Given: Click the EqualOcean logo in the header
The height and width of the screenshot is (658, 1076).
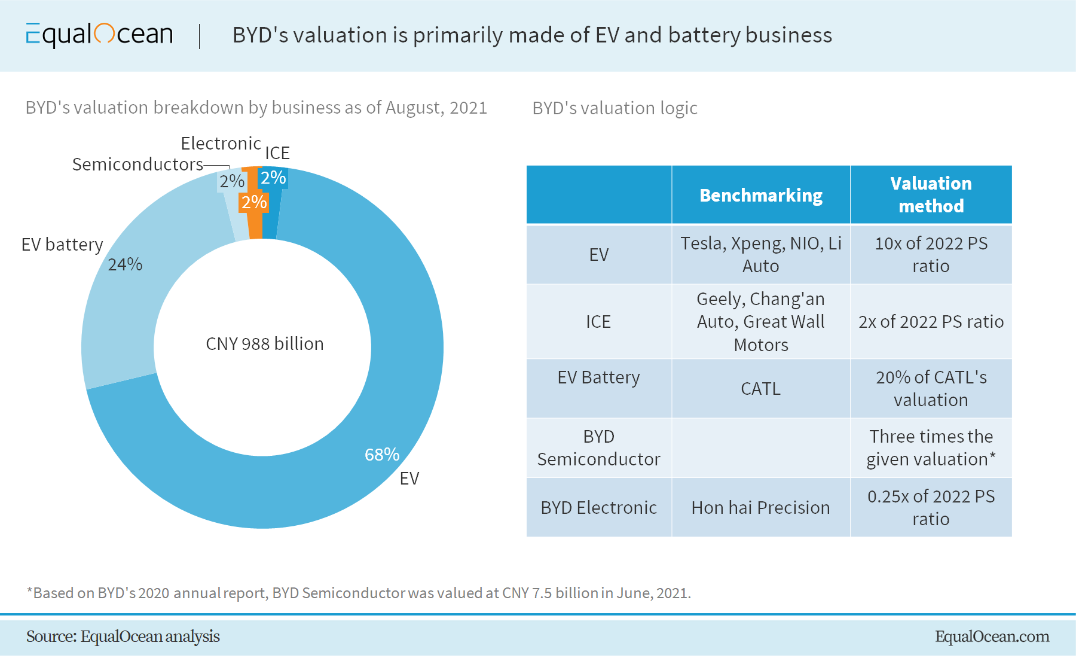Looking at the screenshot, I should click(99, 35).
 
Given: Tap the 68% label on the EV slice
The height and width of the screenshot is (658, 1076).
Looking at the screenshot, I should click(382, 455).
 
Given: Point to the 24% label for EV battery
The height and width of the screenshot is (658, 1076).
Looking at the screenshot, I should click(125, 264).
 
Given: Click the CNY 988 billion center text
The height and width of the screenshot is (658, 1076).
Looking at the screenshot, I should click(264, 344).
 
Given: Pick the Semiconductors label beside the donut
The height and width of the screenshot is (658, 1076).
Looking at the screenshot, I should click(137, 164).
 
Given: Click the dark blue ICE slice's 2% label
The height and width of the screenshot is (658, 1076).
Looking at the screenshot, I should click(273, 178).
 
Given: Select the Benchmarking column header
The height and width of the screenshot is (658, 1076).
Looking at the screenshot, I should click(760, 196).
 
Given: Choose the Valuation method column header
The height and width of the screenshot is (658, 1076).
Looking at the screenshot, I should click(930, 194).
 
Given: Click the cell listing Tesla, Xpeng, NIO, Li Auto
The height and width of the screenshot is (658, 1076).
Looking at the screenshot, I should click(760, 254).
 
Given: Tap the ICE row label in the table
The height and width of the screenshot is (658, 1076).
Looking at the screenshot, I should click(598, 322).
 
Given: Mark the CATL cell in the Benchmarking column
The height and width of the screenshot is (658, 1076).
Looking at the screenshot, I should click(760, 389).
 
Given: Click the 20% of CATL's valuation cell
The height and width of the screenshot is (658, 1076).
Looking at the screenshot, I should click(930, 389).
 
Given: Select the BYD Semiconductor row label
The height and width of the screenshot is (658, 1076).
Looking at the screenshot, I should click(598, 447).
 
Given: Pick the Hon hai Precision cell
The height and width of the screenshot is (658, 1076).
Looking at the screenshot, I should click(760, 508).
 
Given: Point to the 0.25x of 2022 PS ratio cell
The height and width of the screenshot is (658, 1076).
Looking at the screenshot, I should click(930, 508).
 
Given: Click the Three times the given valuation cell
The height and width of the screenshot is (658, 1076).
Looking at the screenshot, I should click(930, 447).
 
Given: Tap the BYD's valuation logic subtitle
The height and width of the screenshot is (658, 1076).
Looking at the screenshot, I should click(615, 108).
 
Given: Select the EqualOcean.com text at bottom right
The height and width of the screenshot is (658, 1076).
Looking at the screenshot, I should click(992, 636).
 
